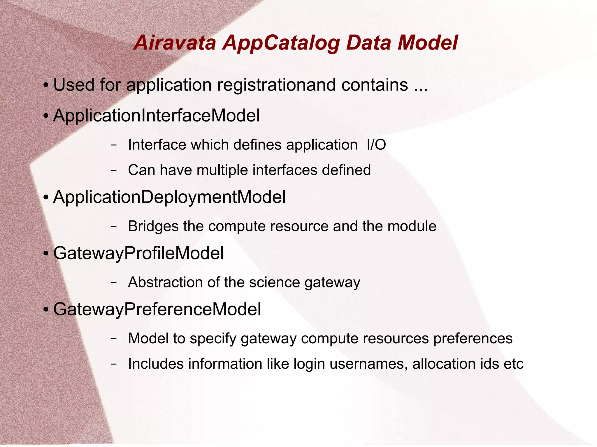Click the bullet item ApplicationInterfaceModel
(x=156, y=116)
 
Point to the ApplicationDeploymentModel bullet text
(x=169, y=197)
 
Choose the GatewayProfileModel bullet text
(x=138, y=253)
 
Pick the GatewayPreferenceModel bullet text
(x=157, y=309)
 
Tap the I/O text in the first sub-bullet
(x=376, y=145)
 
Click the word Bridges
(x=153, y=227)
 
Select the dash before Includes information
(x=114, y=364)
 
